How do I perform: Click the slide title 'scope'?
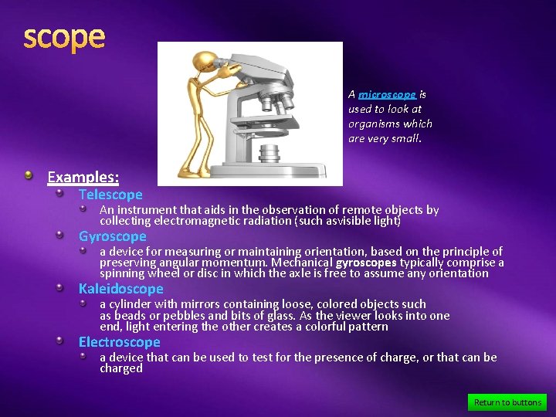click(x=64, y=37)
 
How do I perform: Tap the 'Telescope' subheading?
click(x=110, y=195)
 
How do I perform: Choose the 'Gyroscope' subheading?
click(x=112, y=236)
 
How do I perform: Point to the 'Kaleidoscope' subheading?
click(x=121, y=289)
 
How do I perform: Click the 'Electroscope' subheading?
click(x=119, y=342)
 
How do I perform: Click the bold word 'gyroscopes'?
click(x=366, y=263)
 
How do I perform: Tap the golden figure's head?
click(x=207, y=60)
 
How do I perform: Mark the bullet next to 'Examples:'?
click(x=29, y=176)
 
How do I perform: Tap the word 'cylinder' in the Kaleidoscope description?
click(x=131, y=304)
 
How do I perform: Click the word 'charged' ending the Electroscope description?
click(x=121, y=368)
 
